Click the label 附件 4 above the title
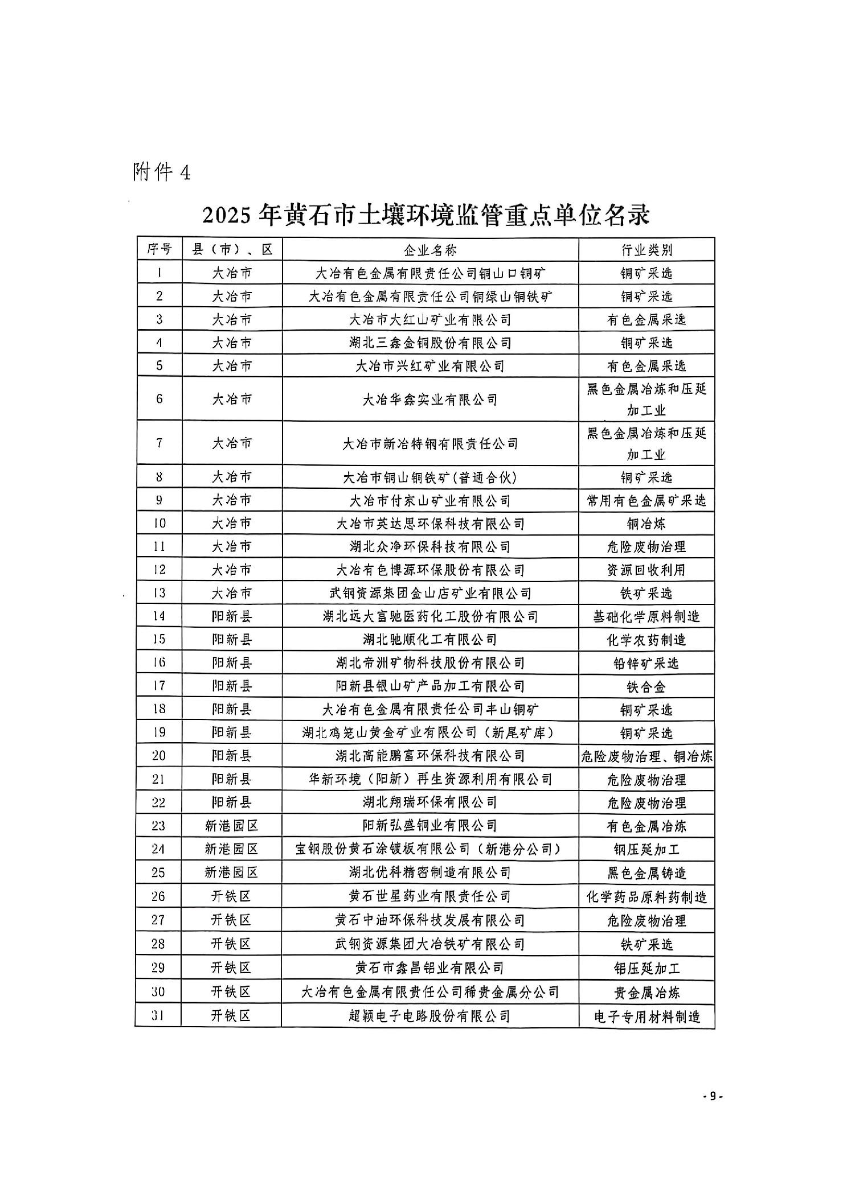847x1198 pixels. click(x=161, y=171)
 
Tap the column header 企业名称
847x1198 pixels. click(x=430, y=249)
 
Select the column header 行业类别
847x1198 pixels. click(x=646, y=249)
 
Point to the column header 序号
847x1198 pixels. click(x=159, y=249)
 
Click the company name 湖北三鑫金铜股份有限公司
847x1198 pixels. click(x=430, y=343)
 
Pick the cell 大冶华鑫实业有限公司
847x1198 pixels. click(x=430, y=399)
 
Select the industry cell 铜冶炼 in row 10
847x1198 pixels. click(x=646, y=523)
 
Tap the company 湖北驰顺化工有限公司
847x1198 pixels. click(x=430, y=639)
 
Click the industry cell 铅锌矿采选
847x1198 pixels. click(x=646, y=662)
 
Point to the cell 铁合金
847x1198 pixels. click(x=646, y=686)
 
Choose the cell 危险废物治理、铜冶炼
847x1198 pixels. click(x=646, y=756)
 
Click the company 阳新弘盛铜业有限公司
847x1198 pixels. click(x=430, y=825)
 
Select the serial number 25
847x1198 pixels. click(x=159, y=872)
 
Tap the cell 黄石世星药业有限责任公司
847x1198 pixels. click(x=430, y=896)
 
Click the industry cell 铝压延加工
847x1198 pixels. click(x=646, y=968)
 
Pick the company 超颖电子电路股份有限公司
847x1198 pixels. click(x=430, y=1015)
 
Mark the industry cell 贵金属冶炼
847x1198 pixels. click(x=646, y=992)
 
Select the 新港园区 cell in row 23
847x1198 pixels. click(x=231, y=825)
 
